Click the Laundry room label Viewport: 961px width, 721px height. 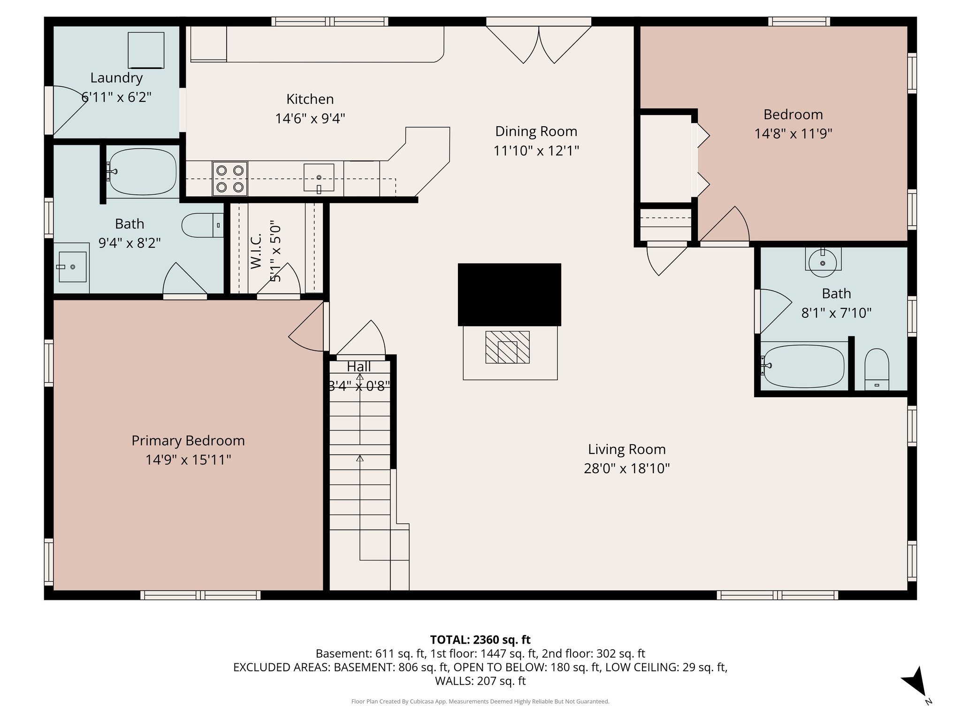click(116, 78)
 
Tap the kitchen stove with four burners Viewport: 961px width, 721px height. click(230, 178)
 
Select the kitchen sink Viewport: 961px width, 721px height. click(319, 177)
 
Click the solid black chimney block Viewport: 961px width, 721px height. click(509, 294)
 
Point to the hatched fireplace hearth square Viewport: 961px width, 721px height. click(507, 347)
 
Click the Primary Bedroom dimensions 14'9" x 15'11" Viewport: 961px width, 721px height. click(188, 460)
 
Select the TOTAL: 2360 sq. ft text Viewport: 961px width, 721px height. click(480, 639)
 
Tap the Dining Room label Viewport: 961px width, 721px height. click(536, 131)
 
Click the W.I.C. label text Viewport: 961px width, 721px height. click(256, 252)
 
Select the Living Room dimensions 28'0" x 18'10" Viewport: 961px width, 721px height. click(626, 468)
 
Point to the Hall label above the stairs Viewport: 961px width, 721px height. click(359, 367)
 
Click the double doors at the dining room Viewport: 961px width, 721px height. click(539, 45)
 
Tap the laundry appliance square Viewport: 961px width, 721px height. click(146, 50)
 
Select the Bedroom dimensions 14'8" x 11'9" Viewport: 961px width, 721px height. click(793, 134)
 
